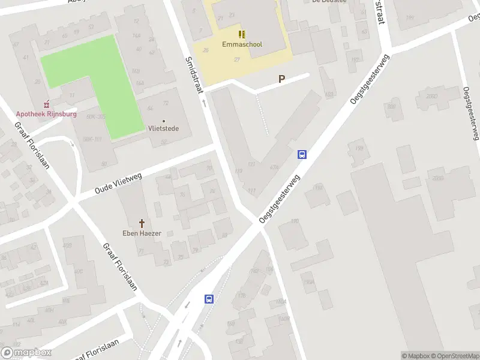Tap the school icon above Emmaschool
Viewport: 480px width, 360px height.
(x=242, y=34)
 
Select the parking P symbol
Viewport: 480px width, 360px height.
(x=281, y=79)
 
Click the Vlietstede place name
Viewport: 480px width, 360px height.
(x=164, y=128)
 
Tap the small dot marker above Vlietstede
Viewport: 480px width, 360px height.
(x=164, y=121)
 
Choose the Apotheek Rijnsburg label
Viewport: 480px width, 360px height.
(x=46, y=114)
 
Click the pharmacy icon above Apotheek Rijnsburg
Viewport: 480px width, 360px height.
(x=47, y=104)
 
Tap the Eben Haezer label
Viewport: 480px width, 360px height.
(x=142, y=233)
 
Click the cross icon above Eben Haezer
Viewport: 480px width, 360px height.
(x=142, y=223)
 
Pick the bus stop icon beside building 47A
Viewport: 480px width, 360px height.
(x=302, y=154)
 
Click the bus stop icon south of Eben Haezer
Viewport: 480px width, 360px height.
(x=209, y=299)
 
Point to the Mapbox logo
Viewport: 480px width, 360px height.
(x=26, y=353)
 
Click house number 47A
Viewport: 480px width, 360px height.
(x=274, y=167)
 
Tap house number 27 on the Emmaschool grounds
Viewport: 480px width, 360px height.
(x=236, y=59)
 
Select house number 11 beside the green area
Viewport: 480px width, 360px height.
(x=71, y=95)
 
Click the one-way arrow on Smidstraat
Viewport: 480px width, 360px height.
(x=203, y=103)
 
